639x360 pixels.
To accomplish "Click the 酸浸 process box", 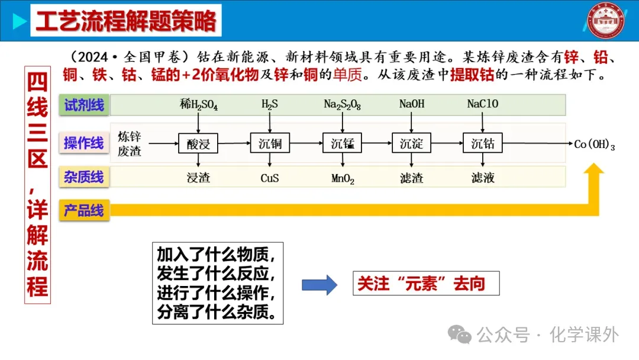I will click(x=198, y=143).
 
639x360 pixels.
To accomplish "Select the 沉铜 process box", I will click(x=270, y=143).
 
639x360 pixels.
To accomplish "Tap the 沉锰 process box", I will click(x=342, y=143).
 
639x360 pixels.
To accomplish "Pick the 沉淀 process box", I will click(x=411, y=143).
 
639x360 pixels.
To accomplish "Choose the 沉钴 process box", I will click(x=483, y=143).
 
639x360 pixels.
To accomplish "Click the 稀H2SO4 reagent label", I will click(x=199, y=105).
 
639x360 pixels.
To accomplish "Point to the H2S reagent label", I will click(x=270, y=105).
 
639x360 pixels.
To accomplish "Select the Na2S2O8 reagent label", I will click(x=342, y=105).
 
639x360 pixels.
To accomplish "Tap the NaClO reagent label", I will click(x=483, y=104).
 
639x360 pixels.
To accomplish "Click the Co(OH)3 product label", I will click(x=594, y=144).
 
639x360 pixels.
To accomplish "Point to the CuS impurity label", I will click(x=270, y=178).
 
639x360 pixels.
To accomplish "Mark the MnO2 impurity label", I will click(x=342, y=178).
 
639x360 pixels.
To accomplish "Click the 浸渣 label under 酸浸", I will click(x=198, y=178).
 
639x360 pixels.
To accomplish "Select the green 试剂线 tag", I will click(x=84, y=105).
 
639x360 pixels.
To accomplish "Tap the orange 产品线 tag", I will click(x=84, y=210).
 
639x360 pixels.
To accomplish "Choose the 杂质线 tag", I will click(x=84, y=176).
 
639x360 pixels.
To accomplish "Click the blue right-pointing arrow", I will click(x=319, y=285).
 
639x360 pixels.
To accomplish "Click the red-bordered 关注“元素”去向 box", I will click(x=425, y=284).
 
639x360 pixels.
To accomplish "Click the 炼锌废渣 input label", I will click(x=130, y=143).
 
